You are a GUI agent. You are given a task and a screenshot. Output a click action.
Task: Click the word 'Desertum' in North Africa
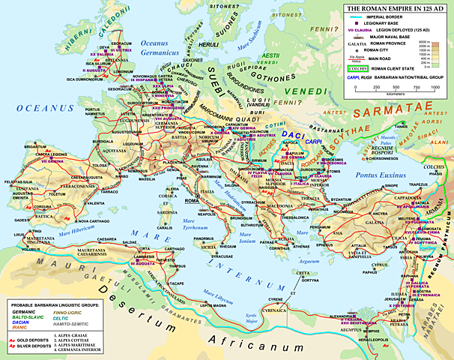[x=120, y=308]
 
